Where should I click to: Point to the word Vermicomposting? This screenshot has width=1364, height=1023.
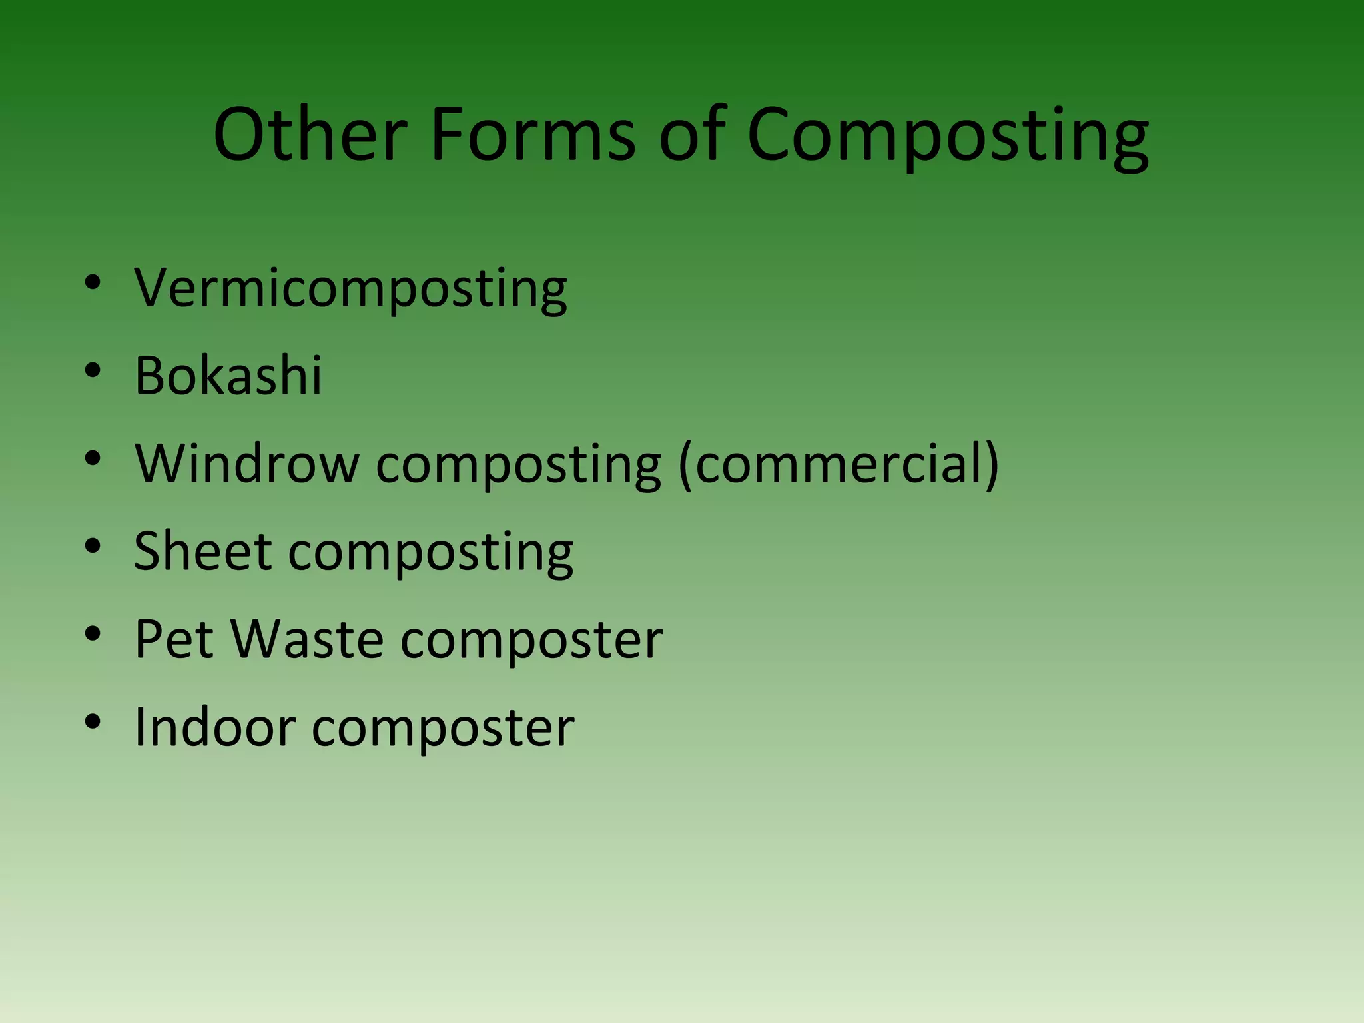click(351, 289)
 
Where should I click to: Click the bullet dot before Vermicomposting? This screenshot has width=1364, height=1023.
click(93, 283)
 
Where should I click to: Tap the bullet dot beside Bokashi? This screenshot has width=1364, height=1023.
click(93, 370)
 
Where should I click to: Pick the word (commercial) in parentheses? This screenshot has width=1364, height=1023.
click(839, 464)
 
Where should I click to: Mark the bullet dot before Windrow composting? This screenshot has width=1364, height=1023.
click(93, 458)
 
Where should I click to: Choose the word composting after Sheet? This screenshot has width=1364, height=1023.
click(430, 553)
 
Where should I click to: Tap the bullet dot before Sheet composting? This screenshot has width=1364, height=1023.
click(93, 546)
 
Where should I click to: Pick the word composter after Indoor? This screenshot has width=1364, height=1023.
click(443, 729)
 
